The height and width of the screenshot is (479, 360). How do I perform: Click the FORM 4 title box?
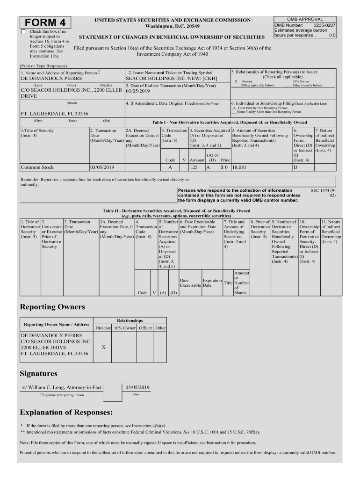45,23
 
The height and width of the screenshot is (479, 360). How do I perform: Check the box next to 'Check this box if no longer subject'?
24,32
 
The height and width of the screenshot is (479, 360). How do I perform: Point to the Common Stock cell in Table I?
37,167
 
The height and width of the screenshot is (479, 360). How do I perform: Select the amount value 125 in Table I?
194,167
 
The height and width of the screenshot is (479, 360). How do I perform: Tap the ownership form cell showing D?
295,167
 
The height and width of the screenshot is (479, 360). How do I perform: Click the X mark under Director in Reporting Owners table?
103,348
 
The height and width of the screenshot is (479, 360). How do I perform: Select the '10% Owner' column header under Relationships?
125,328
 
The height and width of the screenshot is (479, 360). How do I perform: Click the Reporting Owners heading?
52,307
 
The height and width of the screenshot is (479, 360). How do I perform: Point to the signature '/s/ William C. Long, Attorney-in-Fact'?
61,387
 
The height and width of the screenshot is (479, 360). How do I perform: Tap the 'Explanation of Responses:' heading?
66,412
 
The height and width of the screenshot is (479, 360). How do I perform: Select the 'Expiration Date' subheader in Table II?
212,283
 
